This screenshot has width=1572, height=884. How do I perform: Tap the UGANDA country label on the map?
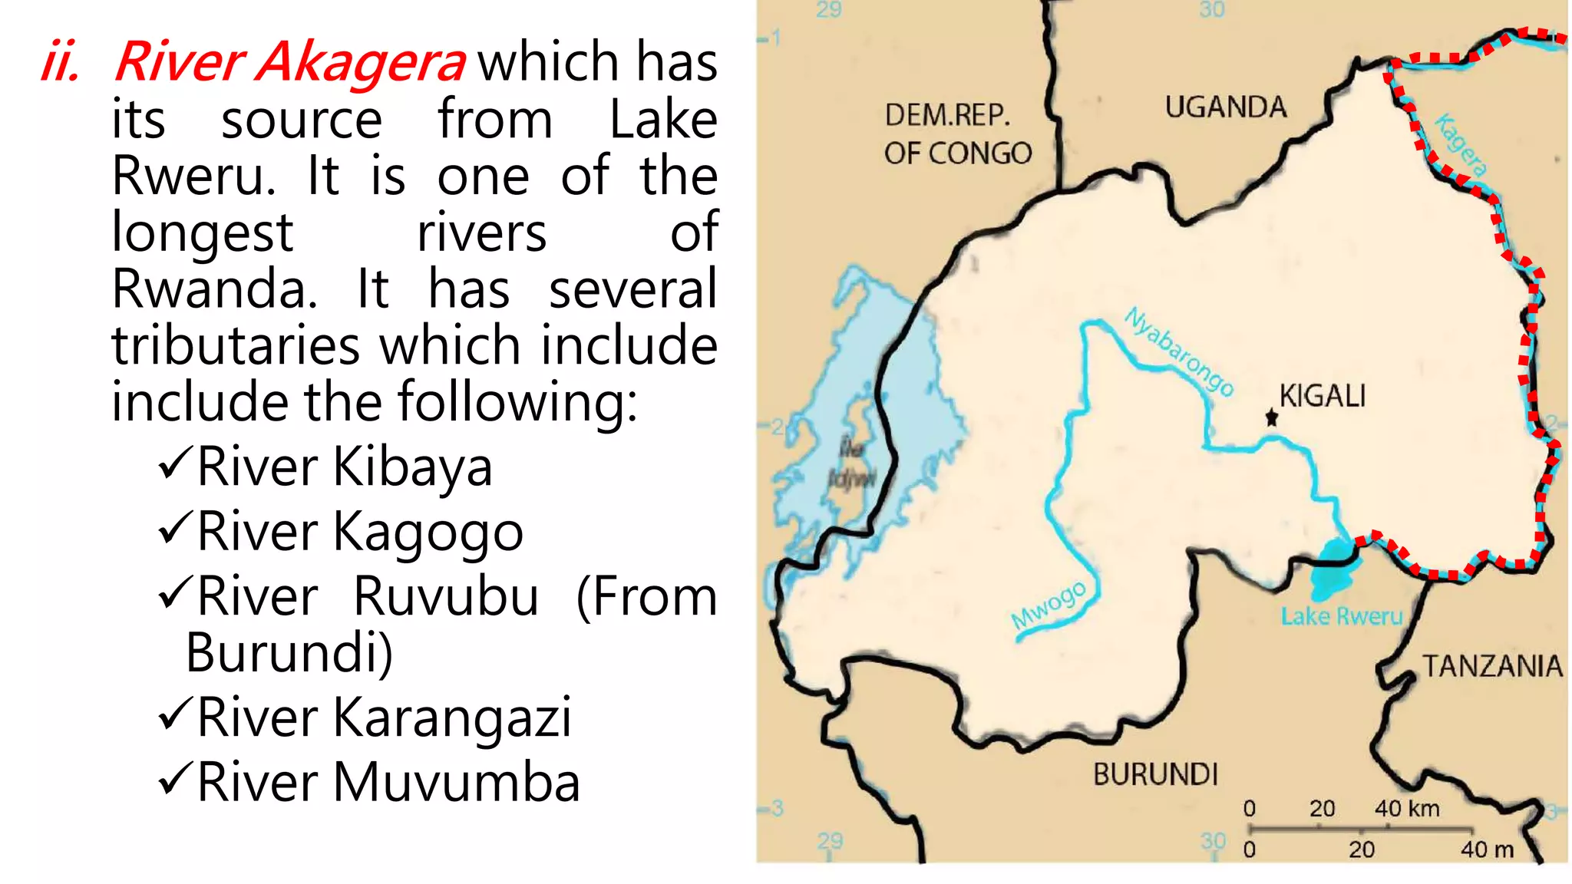click(1225, 107)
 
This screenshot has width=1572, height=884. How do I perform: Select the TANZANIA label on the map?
click(1492, 666)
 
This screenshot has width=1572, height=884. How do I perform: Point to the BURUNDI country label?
click(1155, 775)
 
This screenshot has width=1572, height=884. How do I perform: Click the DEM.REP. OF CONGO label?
click(957, 134)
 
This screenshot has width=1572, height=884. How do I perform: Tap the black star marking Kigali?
click(1272, 418)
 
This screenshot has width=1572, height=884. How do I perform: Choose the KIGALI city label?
click(1323, 396)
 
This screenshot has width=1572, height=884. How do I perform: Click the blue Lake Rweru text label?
click(1341, 616)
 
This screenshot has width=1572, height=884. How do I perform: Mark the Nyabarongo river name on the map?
click(1180, 351)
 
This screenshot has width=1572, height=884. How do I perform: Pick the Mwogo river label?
click(1049, 605)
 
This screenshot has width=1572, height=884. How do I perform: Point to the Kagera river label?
click(1461, 144)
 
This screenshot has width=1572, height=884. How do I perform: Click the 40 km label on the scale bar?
click(1407, 808)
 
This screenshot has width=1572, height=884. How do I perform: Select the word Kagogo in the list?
click(428, 532)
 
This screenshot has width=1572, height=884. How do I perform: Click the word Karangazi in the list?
click(452, 717)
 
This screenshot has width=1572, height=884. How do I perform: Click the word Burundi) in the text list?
click(289, 653)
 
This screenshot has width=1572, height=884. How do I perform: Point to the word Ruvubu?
click(446, 597)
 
